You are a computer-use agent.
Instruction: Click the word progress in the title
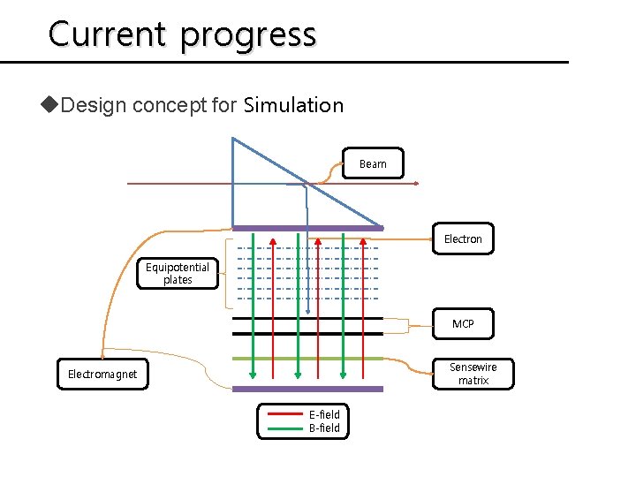tap(248, 35)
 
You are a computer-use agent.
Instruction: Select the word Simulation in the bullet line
tap(293, 105)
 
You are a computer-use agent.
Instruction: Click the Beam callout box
tap(372, 163)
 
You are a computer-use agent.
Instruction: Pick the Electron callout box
tap(463, 238)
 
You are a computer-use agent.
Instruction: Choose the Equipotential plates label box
tap(178, 274)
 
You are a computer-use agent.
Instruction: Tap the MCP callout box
tap(463, 324)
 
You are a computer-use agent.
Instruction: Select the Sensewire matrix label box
tap(473, 374)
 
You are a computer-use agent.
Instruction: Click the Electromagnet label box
tap(102, 375)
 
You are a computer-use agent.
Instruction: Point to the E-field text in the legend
tap(324, 414)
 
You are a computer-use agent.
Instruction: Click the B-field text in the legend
tap(324, 428)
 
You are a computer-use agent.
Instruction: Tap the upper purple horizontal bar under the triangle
tap(265, 228)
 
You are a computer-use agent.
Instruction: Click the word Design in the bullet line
tap(95, 105)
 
